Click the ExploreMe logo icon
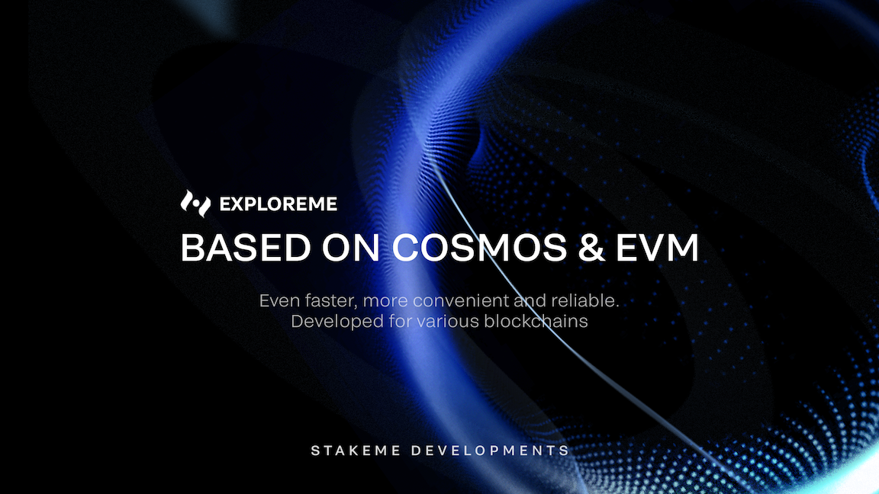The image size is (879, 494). (x=195, y=204)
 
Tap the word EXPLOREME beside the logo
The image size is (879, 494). (x=279, y=204)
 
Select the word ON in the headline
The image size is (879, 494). (x=351, y=248)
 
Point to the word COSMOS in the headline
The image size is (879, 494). (x=479, y=248)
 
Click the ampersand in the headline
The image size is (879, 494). (x=591, y=248)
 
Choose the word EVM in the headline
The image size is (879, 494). (x=658, y=248)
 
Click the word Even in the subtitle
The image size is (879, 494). (x=279, y=301)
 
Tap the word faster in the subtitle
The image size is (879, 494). (x=330, y=301)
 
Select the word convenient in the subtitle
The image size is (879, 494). (x=462, y=301)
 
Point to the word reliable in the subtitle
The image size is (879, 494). (x=585, y=301)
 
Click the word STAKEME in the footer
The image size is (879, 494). (x=356, y=451)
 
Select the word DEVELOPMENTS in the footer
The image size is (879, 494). (x=491, y=451)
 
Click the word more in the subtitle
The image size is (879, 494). (x=385, y=301)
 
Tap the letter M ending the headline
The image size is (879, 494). (x=683, y=248)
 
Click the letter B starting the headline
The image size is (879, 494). (x=192, y=248)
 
